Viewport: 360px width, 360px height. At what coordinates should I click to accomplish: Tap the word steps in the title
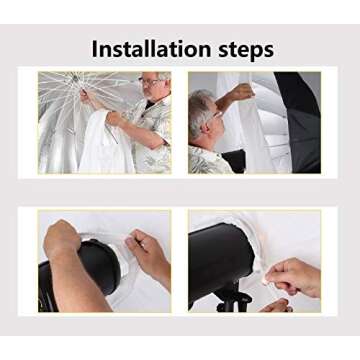(x=246, y=51)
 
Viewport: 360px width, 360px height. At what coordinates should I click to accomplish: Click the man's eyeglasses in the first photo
(x=150, y=81)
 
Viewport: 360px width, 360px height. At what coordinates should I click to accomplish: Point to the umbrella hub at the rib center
(x=76, y=78)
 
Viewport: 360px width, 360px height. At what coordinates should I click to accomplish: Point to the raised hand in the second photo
(x=241, y=92)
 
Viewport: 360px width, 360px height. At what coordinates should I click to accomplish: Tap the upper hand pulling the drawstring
(x=293, y=277)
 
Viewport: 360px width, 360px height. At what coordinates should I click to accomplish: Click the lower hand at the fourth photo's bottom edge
(x=276, y=306)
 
